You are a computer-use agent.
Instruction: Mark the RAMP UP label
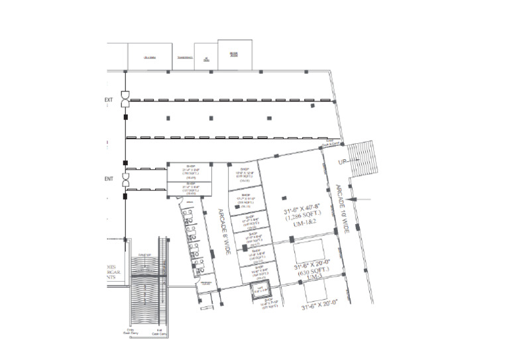click(145, 255)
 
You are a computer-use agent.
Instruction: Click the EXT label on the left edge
click(109, 101)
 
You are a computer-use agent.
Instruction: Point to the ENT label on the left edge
click(109, 179)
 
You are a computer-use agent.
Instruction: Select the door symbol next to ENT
click(124, 179)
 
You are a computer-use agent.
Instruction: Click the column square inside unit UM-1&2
click(284, 196)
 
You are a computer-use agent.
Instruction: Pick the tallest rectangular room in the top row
click(235, 54)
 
